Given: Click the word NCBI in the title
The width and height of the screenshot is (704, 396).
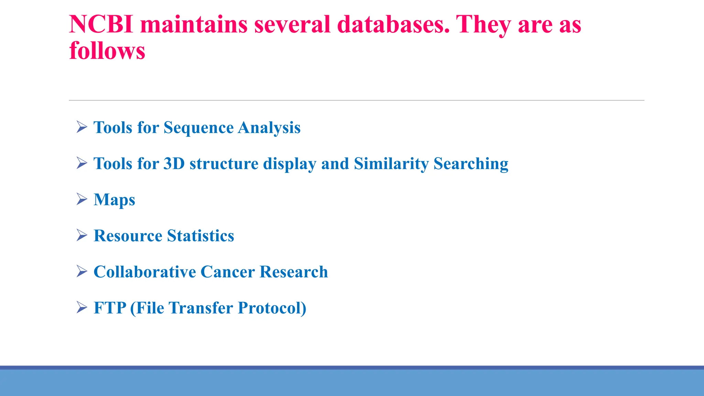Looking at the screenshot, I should (x=101, y=24).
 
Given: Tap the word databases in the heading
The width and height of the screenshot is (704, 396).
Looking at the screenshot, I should (x=393, y=24).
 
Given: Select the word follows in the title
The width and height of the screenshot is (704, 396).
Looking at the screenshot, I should (x=107, y=51).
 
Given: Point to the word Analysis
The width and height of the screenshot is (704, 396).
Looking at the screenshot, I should (x=269, y=128).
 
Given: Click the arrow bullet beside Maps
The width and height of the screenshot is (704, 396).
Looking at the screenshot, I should (x=82, y=199).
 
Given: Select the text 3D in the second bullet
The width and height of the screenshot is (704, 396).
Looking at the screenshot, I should (x=174, y=164).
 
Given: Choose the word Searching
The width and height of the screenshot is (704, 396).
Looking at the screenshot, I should (x=471, y=164).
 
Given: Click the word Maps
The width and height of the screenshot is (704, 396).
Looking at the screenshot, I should (x=114, y=200).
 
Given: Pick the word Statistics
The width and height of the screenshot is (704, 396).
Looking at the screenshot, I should (x=200, y=236).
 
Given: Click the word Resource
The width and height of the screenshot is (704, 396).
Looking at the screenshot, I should (x=128, y=236).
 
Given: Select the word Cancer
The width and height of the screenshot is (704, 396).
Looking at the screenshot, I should (x=228, y=272).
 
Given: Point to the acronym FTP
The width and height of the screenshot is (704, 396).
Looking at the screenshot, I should (x=110, y=308).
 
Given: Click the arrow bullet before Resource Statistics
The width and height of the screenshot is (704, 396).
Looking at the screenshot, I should (x=82, y=235).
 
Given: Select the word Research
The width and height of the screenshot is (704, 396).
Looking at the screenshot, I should (x=294, y=272).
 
